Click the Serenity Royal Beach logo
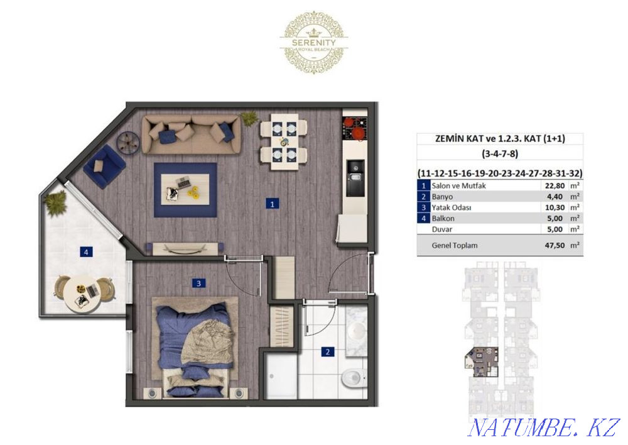(314, 41)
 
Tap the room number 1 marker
(272, 204)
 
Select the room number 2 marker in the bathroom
(327, 352)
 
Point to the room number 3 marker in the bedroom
(198, 283)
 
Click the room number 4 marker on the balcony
(85, 252)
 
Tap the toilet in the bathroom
(353, 378)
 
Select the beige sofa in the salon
(192, 134)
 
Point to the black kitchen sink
(355, 170)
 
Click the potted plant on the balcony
(56, 201)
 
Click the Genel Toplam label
(455, 245)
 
